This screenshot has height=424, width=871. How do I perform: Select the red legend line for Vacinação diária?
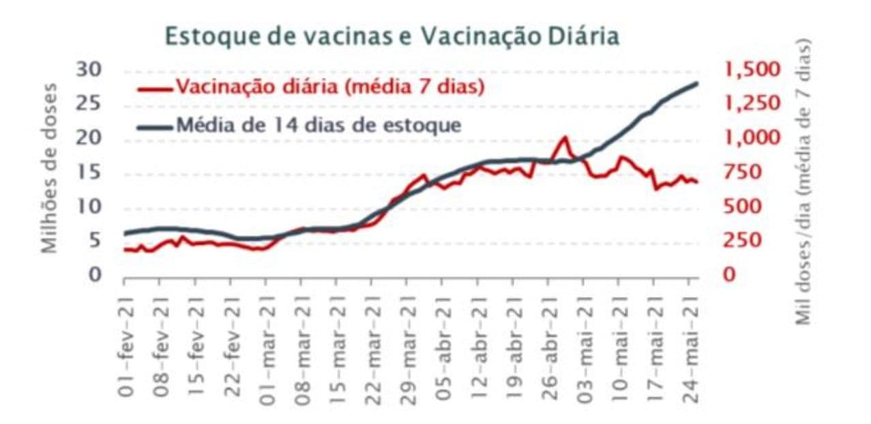[x=155, y=88]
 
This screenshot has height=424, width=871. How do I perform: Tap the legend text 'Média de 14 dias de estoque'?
[x=319, y=126]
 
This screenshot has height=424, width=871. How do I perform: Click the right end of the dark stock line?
[x=697, y=83]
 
